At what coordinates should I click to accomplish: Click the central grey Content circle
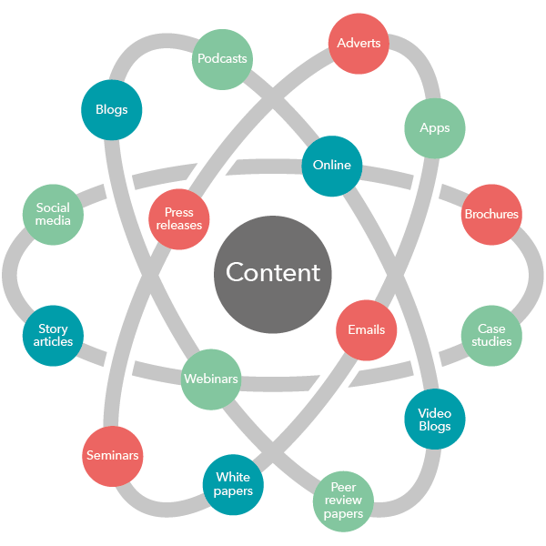coord(273,273)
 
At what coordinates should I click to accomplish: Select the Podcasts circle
coord(222,59)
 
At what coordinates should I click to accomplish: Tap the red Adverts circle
coord(359,43)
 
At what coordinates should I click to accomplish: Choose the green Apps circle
coord(435,128)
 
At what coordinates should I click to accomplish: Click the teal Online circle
coord(332,166)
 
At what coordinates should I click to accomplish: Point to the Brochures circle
coord(491,215)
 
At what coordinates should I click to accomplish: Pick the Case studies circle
coord(491,335)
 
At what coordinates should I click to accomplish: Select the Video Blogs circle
coord(434,420)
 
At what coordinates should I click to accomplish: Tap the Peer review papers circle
coord(343,500)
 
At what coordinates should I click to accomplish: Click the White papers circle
coord(233,484)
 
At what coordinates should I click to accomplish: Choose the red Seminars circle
coord(113,455)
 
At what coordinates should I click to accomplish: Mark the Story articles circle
coord(54,335)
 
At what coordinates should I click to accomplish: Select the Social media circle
coord(54,214)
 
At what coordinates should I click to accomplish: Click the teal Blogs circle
coord(112,110)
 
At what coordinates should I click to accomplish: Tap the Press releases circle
coord(179,219)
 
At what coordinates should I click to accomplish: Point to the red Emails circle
coord(367,329)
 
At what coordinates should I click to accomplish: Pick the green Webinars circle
coord(211,379)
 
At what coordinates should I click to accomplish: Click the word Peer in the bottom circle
coord(343,488)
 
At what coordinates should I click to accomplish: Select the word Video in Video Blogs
coord(434,412)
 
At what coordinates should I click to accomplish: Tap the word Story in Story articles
coord(54,329)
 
